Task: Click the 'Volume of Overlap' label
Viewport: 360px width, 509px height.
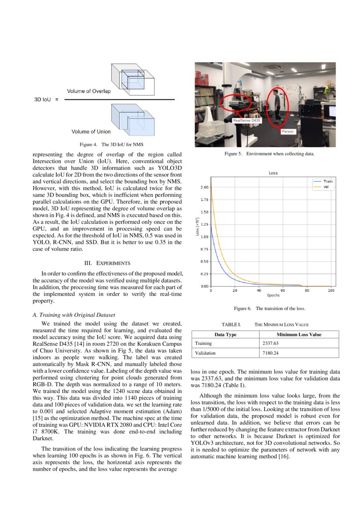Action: click(89, 91)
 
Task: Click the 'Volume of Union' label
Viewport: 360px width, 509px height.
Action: click(91, 131)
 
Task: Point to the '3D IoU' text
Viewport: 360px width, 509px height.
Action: click(43, 100)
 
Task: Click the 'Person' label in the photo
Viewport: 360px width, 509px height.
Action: click(288, 131)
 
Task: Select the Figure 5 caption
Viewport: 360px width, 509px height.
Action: click(269, 154)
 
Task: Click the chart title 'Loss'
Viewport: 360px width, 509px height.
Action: click(273, 173)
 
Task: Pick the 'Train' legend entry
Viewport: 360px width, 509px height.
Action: click(328, 181)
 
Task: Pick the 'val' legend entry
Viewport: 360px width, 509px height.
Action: click(326, 186)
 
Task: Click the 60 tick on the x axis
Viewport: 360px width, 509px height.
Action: click(283, 290)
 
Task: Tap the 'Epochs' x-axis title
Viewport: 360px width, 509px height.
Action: click(273, 295)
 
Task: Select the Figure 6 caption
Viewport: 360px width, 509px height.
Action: click(269, 309)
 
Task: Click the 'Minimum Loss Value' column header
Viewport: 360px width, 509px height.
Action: click(299, 334)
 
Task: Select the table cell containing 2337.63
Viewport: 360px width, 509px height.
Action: click(299, 344)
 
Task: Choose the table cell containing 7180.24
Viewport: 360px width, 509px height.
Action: click(299, 353)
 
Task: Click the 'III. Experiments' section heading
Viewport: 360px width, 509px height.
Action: click(108, 263)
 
